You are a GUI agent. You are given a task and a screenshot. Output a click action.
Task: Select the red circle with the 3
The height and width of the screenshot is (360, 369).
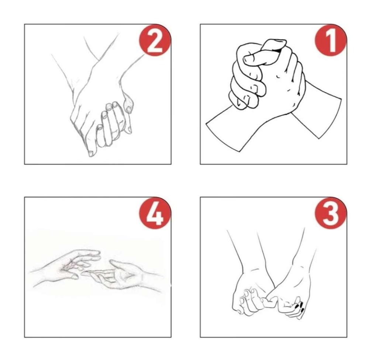tap(330, 213)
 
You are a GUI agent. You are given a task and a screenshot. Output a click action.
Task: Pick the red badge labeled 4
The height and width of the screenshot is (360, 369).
tap(155, 213)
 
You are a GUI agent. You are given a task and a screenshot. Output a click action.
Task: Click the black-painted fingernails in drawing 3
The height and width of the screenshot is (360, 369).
tap(300, 306)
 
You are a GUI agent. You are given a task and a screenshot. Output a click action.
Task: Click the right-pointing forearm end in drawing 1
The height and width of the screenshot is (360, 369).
tap(330, 118)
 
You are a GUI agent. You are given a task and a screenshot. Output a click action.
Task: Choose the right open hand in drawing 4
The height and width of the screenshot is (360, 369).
tap(123, 274)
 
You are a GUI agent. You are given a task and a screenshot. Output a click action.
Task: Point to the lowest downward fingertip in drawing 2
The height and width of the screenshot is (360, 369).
tap(91, 154)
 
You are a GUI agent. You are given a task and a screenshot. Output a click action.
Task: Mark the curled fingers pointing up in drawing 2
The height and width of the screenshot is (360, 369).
tap(111, 125)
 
